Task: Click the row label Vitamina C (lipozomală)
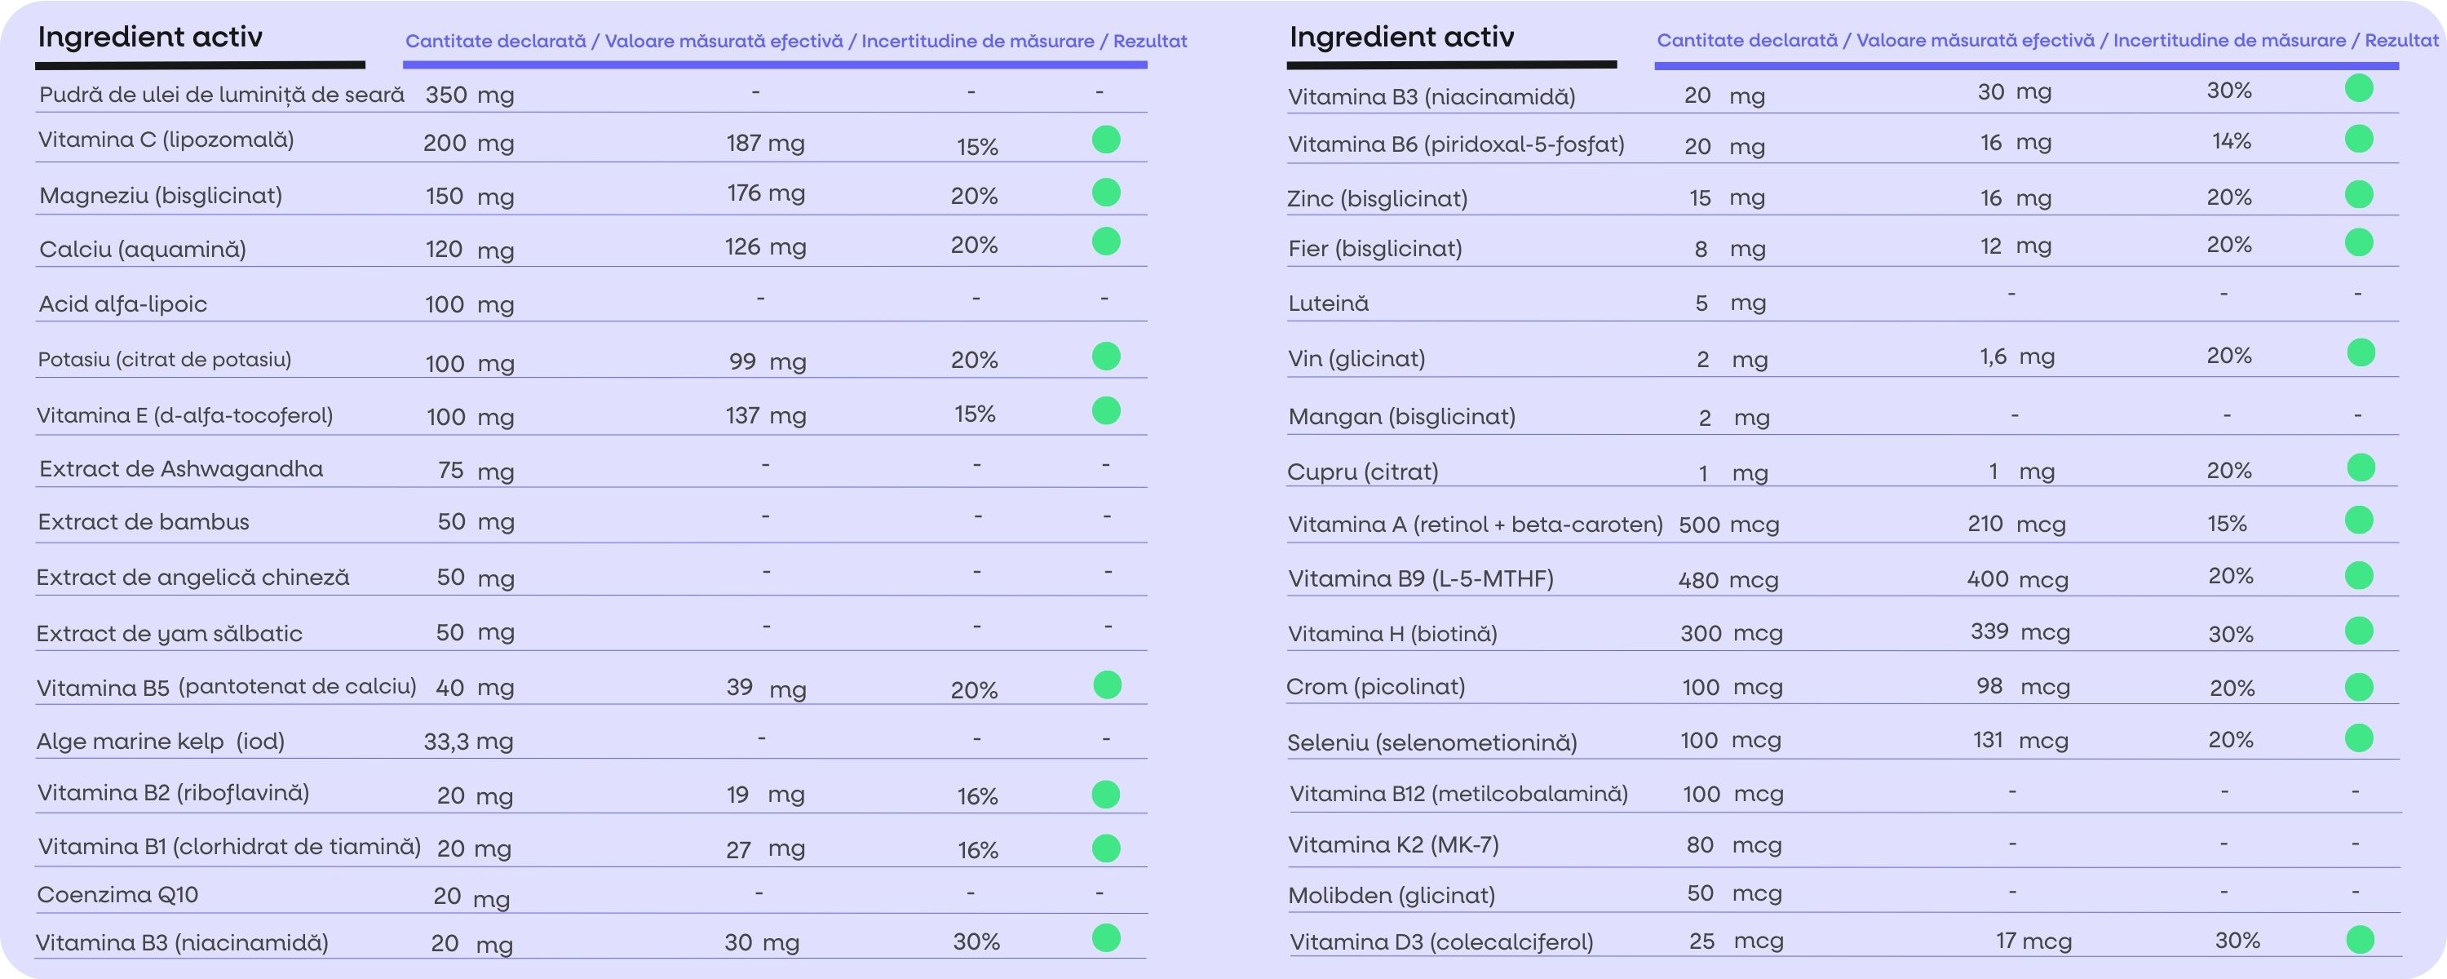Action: tap(166, 140)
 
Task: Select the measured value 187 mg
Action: tap(765, 143)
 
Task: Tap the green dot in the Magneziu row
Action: tap(1106, 192)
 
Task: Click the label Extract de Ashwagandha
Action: tap(180, 468)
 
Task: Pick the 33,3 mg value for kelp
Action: tap(468, 742)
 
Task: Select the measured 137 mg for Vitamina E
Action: tap(765, 415)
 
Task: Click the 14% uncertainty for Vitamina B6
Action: tap(2230, 140)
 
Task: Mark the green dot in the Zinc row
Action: tap(2359, 195)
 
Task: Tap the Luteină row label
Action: tap(1328, 303)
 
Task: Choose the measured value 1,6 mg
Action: tap(2016, 357)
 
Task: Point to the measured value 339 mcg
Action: tap(2020, 632)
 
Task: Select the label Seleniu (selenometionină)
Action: tap(1431, 742)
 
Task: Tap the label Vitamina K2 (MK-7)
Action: tap(1392, 845)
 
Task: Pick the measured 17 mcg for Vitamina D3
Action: tap(2033, 941)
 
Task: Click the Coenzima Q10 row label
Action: tap(117, 894)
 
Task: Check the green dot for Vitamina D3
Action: tap(2360, 940)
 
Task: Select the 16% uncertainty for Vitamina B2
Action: tap(976, 796)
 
